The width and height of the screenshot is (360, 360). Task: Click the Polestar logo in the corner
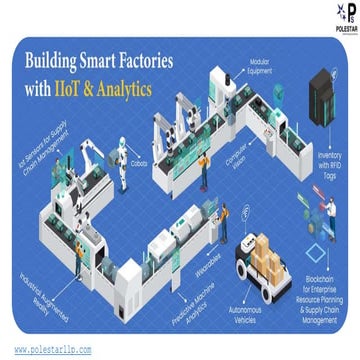(x=339, y=18)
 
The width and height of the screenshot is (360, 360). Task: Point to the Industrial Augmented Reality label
(x=40, y=289)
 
